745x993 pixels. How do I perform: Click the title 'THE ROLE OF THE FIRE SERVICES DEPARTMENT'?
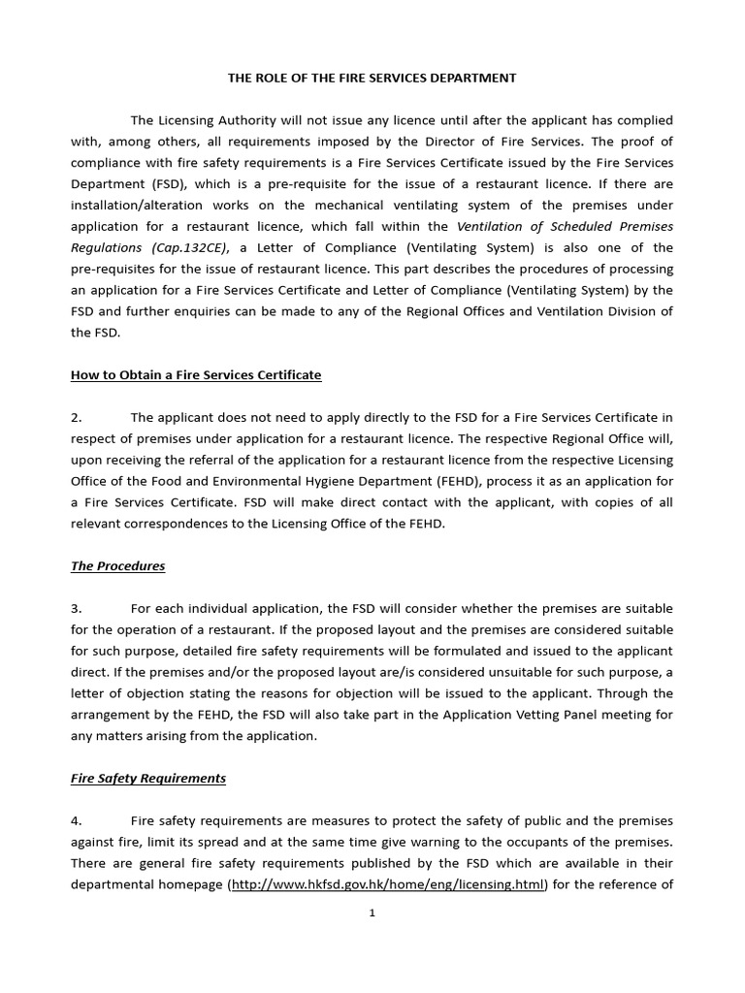point(372,78)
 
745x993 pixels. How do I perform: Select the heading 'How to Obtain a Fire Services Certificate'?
point(196,374)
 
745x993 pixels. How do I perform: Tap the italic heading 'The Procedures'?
point(117,565)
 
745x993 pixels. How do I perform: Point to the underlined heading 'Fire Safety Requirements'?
point(148,778)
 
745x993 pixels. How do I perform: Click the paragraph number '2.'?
point(77,417)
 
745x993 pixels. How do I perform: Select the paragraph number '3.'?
point(77,608)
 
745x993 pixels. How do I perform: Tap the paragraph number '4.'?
point(77,820)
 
